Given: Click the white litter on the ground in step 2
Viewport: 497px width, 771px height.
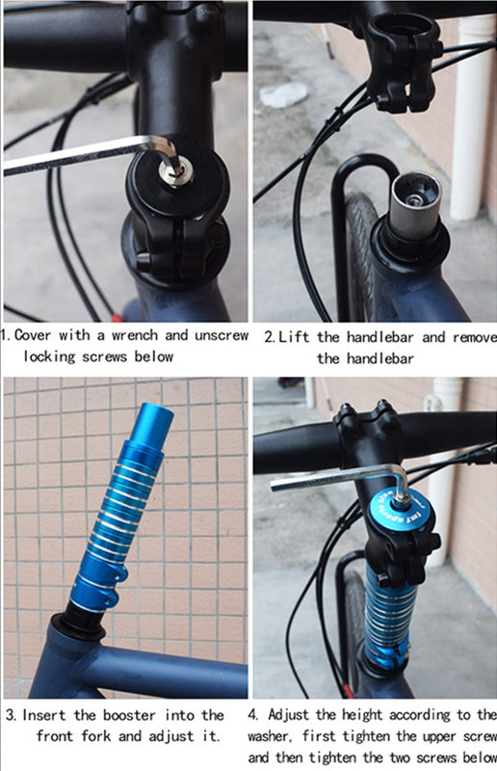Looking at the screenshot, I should [x=284, y=93].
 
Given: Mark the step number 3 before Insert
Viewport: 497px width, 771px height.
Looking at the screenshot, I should [x=9, y=715].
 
